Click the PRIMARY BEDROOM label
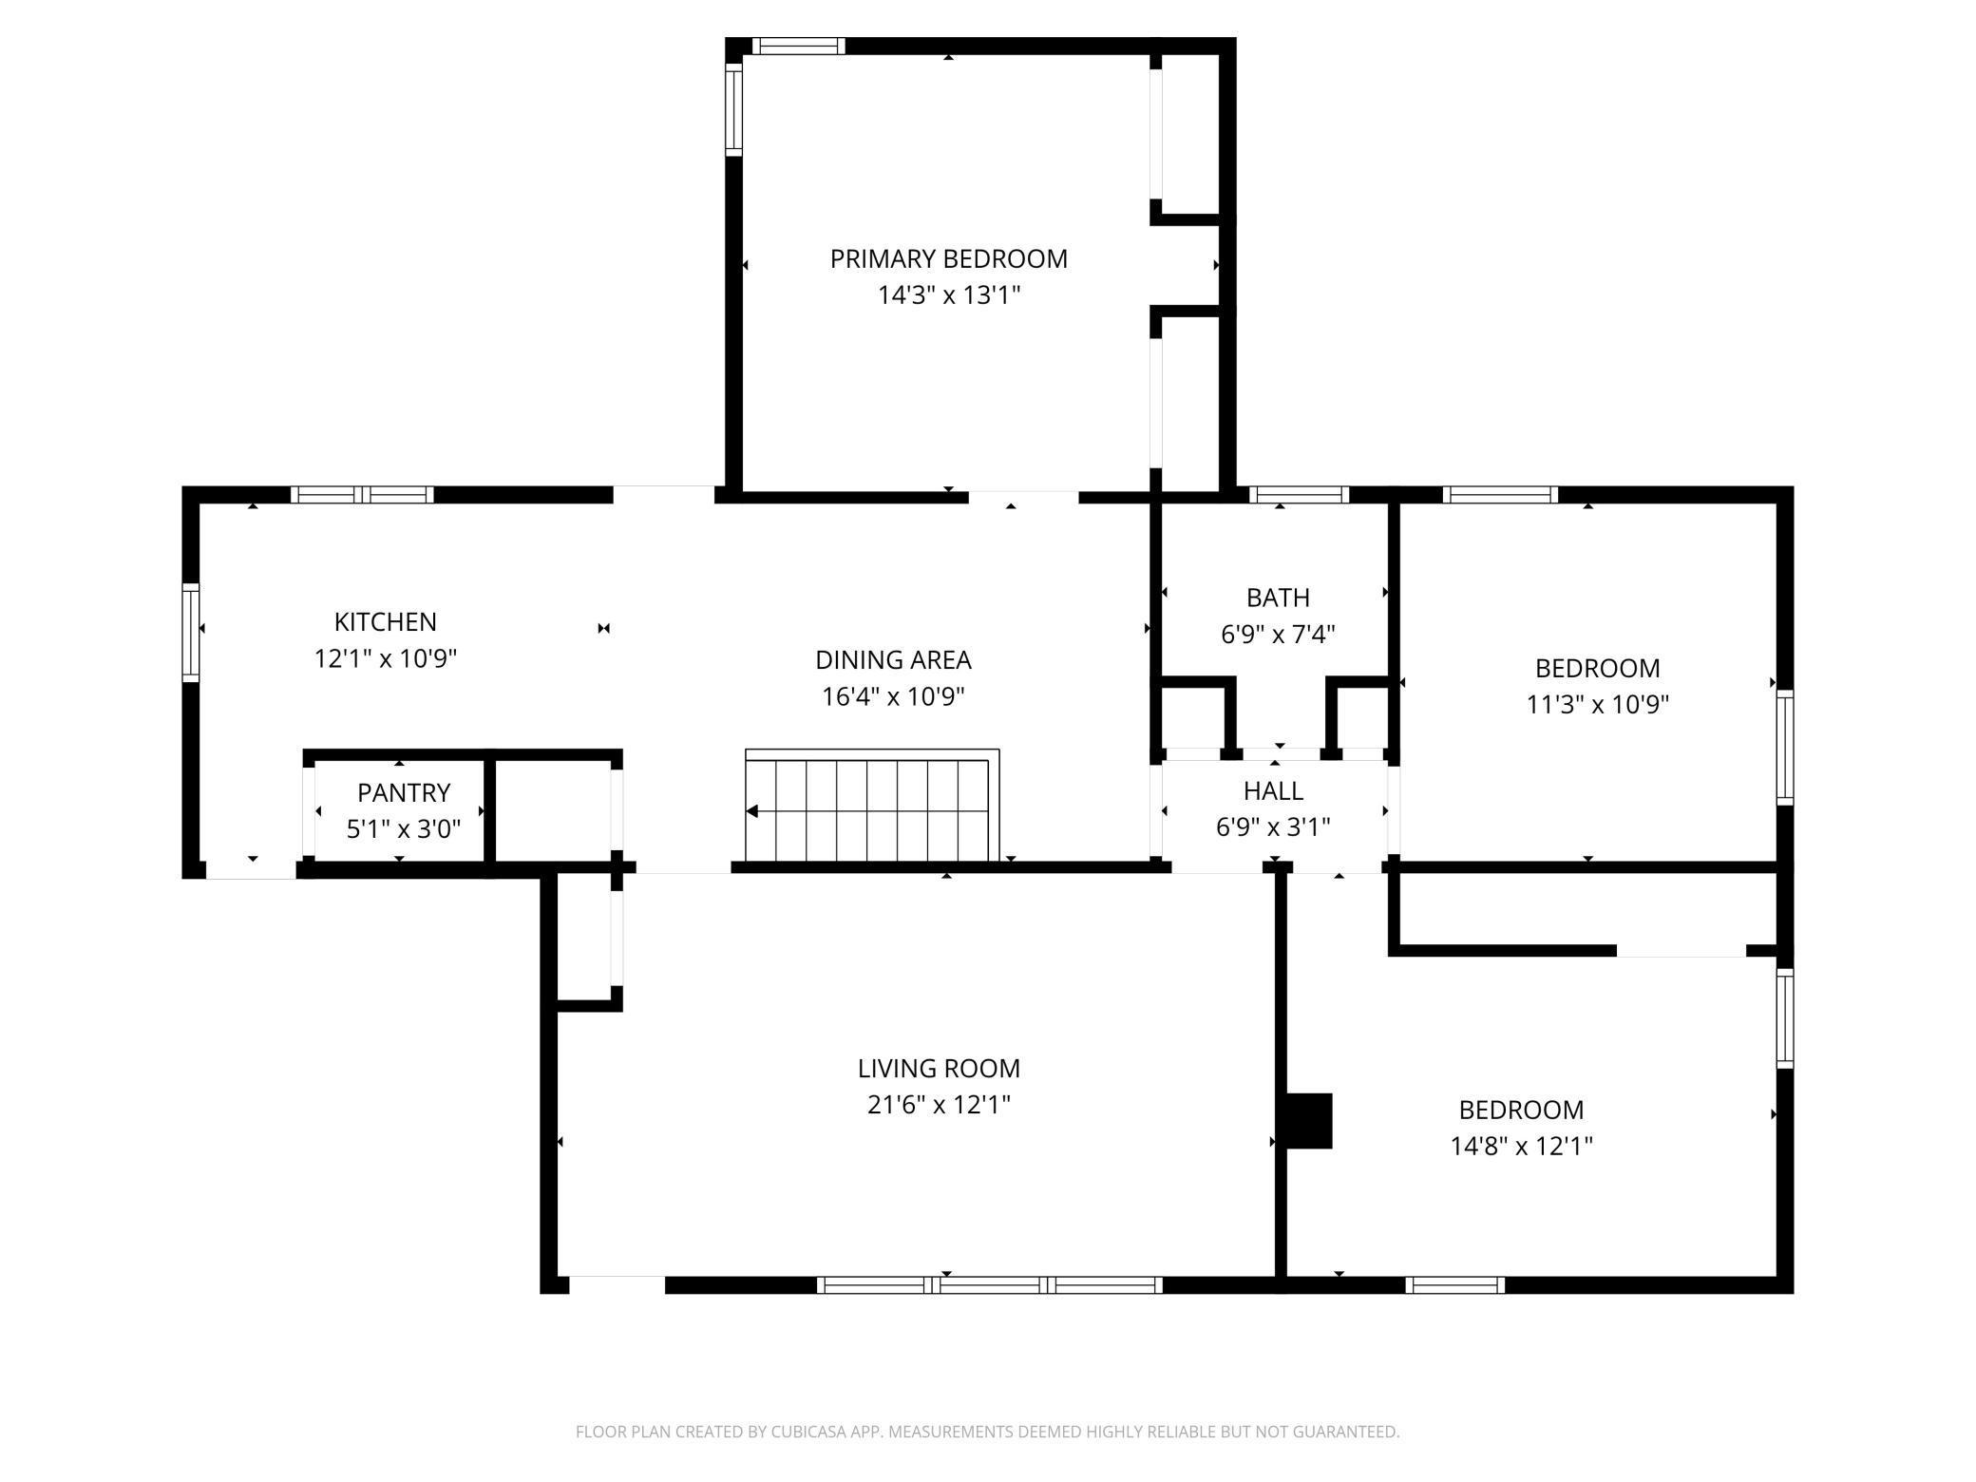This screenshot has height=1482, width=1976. (948, 258)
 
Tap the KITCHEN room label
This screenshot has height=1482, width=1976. (385, 621)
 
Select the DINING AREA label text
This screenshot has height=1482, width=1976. (893, 659)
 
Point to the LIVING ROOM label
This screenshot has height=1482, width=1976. (939, 1068)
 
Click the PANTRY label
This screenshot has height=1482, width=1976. (404, 792)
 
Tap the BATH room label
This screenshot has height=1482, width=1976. (1278, 598)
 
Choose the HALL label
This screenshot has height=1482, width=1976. (1273, 790)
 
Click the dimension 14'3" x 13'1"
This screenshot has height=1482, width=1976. (948, 294)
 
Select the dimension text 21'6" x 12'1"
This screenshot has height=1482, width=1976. (939, 1104)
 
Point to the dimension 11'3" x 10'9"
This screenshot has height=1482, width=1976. (1597, 704)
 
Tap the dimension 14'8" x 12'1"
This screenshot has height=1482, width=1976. (1521, 1146)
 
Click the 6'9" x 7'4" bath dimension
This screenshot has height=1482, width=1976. (1278, 634)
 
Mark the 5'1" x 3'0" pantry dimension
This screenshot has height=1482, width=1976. (404, 829)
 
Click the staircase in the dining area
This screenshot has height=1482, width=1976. (872, 806)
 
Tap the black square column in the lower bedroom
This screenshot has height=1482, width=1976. (1309, 1121)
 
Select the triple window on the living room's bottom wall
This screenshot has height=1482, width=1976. (989, 1285)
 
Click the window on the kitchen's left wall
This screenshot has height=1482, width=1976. (191, 632)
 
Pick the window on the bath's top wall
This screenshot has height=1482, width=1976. (1299, 494)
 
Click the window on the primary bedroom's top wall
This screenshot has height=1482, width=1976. (798, 46)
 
